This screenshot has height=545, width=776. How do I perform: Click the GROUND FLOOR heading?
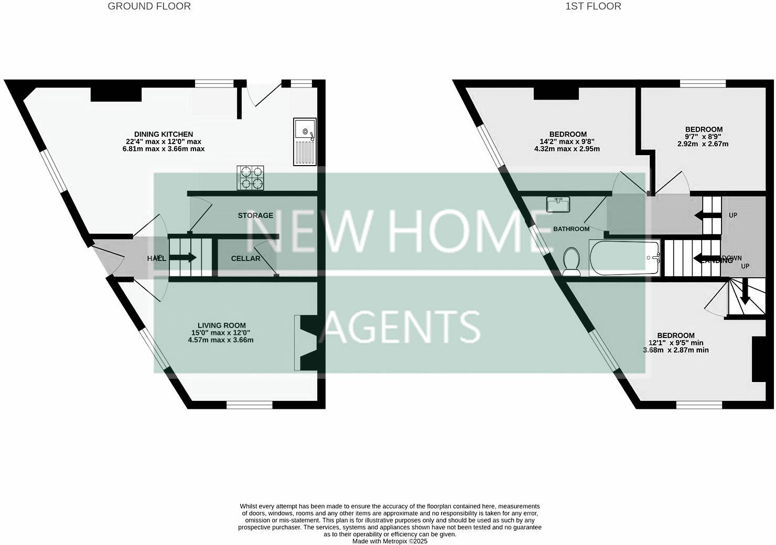(x=149, y=6)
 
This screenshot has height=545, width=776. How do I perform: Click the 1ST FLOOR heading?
(x=593, y=6)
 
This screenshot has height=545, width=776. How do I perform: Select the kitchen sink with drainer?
(x=305, y=141)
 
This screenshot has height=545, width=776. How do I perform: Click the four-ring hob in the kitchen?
(x=251, y=177)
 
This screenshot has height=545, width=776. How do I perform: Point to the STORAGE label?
(x=255, y=215)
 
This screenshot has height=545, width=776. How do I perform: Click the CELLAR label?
(x=245, y=258)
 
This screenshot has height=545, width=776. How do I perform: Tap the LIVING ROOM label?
(x=221, y=325)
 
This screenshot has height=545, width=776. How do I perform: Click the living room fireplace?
(x=307, y=343)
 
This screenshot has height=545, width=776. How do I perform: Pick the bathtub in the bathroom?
(x=624, y=258)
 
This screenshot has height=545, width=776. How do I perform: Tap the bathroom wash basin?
(x=558, y=204)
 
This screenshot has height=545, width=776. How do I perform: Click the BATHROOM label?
(x=571, y=229)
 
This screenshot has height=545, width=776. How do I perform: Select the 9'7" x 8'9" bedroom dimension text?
(x=704, y=136)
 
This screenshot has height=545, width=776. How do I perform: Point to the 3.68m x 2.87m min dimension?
(x=676, y=350)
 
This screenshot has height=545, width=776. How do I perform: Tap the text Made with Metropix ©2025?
(x=390, y=541)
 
